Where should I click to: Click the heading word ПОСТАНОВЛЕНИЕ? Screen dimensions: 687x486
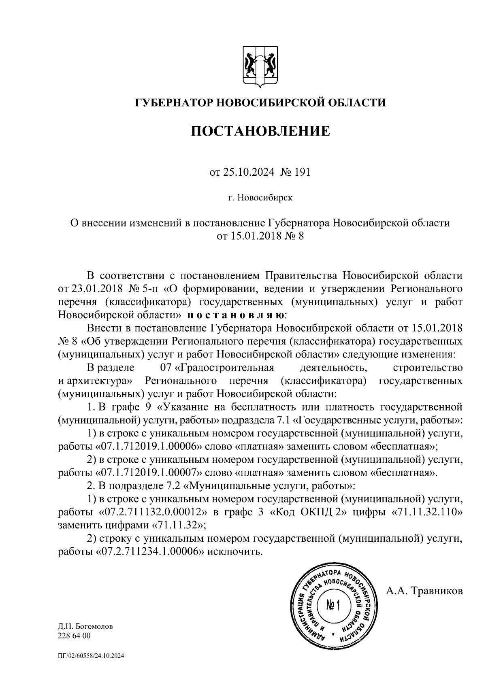[260, 131]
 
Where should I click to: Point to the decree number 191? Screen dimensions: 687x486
[302, 172]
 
